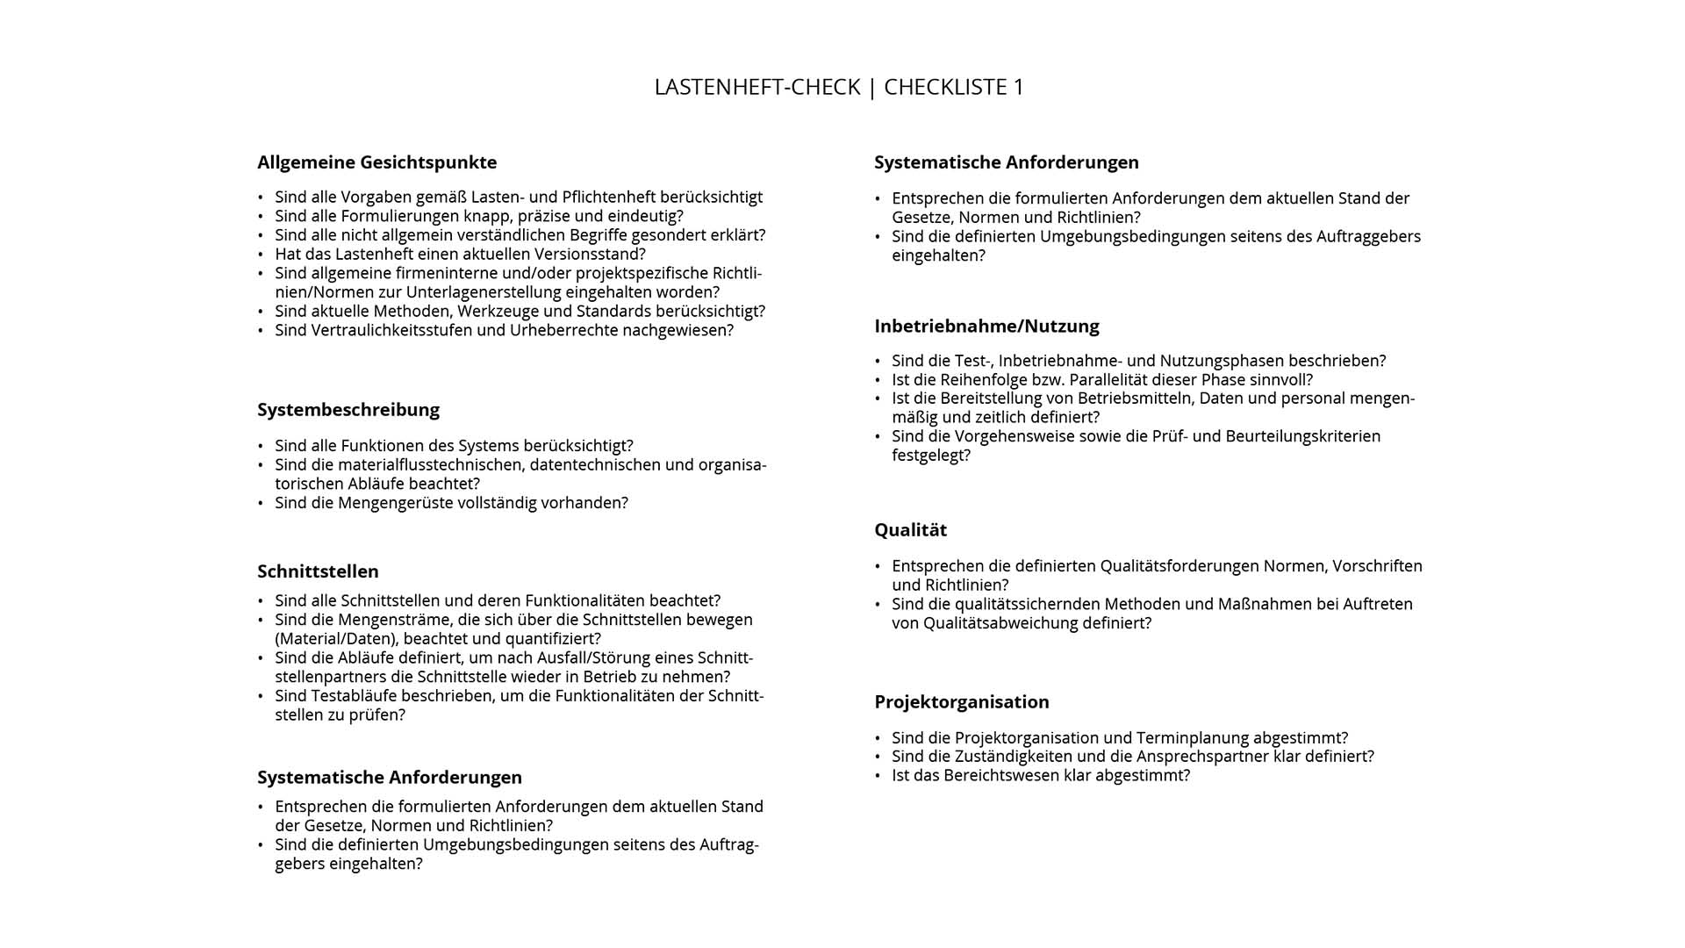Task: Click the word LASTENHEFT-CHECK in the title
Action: (x=756, y=87)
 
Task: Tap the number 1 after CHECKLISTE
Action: (x=1018, y=87)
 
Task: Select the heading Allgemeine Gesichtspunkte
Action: (x=376, y=162)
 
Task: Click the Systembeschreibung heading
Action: (x=348, y=410)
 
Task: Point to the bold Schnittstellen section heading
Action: (x=318, y=571)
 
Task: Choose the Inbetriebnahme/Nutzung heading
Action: (x=986, y=327)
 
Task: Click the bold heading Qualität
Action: (x=910, y=530)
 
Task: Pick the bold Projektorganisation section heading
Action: (x=961, y=702)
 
